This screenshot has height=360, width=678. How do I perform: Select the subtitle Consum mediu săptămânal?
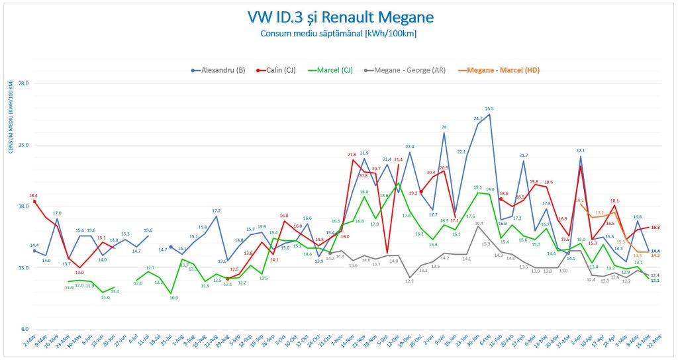click(x=338, y=33)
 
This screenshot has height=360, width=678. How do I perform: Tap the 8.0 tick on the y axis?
click(x=24, y=329)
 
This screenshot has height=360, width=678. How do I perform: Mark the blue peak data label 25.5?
click(x=489, y=109)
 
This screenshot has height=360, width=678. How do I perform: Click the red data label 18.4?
click(x=33, y=195)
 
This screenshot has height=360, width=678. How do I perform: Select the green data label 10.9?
click(x=173, y=298)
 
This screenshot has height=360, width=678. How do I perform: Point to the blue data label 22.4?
click(x=410, y=146)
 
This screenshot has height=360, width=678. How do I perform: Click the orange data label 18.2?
click(x=580, y=200)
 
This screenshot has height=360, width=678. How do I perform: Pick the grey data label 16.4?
click(x=479, y=224)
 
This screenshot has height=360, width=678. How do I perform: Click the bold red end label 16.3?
click(x=655, y=227)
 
